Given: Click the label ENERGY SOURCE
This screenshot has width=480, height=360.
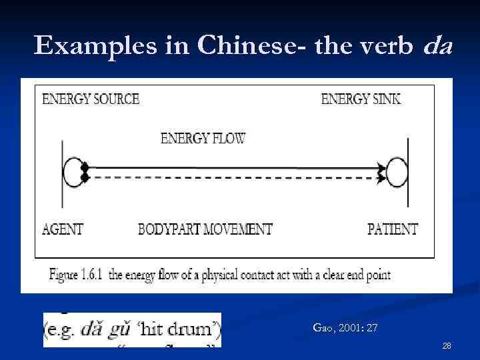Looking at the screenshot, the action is click(91, 99).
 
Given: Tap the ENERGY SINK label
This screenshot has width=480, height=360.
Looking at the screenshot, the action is click(361, 99).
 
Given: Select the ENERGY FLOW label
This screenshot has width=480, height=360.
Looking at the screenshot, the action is click(203, 139).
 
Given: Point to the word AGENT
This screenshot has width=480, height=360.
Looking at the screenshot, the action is click(63, 229).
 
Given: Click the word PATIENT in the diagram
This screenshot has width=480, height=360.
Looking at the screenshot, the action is click(393, 229).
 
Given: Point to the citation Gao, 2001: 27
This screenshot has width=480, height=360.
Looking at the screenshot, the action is click(345, 327).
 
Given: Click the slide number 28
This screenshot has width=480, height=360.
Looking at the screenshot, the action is click(446, 345).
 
